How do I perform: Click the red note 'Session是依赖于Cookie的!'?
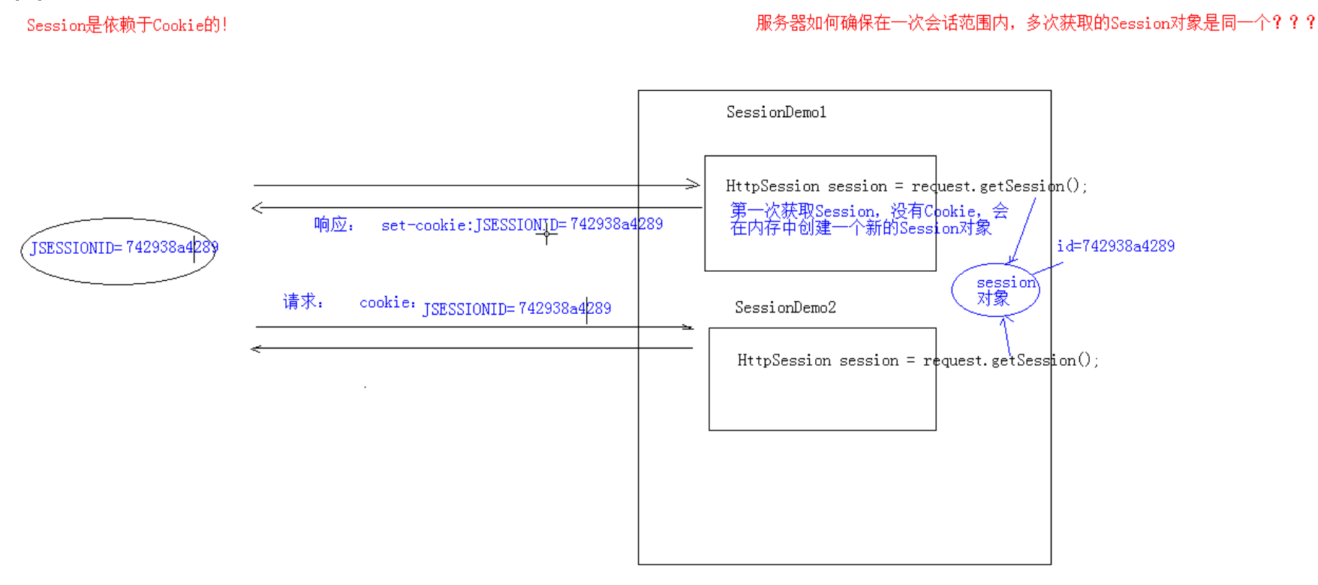tap(127, 25)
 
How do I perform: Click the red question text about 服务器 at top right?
tap(1035, 23)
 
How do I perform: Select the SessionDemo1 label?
tap(776, 113)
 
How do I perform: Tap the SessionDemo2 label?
tap(785, 307)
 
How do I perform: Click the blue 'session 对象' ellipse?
tap(995, 290)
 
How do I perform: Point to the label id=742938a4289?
tap(1115, 246)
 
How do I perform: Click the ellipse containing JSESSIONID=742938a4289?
tap(119, 252)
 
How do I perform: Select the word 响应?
tap(333, 225)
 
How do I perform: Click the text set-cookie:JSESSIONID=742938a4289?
tap(522, 225)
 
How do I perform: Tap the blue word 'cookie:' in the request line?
tap(387, 303)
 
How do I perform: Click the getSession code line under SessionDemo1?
tap(906, 186)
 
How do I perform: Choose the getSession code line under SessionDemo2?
tap(917, 360)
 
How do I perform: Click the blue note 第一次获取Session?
tap(868, 219)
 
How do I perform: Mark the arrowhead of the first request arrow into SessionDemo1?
tap(694, 184)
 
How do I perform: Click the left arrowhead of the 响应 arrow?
tap(257, 207)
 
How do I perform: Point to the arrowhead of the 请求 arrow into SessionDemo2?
tap(688, 327)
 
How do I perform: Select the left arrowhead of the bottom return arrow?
tap(255, 348)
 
